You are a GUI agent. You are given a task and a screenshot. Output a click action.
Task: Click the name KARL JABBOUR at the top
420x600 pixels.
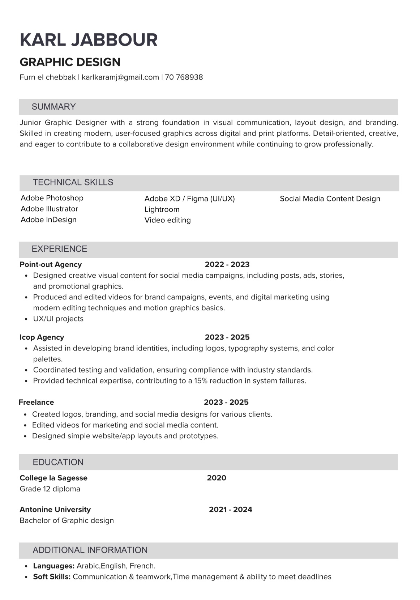click(x=89, y=40)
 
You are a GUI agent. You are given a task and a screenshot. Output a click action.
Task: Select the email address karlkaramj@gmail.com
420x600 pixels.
click(x=120, y=77)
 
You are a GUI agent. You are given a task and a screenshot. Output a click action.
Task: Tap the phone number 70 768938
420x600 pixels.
click(x=184, y=77)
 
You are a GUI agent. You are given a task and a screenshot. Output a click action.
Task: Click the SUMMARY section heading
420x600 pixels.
click(x=53, y=107)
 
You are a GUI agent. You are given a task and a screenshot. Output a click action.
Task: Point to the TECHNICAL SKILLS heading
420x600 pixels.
click(x=73, y=182)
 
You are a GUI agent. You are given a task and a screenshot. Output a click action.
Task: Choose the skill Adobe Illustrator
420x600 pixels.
click(x=49, y=209)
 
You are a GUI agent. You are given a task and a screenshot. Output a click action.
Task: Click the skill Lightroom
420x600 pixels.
click(x=162, y=209)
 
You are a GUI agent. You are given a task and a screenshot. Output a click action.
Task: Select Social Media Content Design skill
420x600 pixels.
click(x=330, y=199)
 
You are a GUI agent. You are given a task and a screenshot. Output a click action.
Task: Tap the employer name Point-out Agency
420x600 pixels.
click(x=51, y=264)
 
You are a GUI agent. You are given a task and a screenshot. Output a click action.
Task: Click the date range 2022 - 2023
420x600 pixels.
click(x=227, y=264)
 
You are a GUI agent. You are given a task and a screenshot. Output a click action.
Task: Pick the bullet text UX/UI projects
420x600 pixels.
click(x=58, y=319)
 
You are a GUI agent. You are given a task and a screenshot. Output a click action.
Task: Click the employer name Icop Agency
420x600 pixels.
click(x=42, y=337)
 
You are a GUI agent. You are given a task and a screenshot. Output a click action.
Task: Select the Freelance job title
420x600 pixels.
click(x=36, y=402)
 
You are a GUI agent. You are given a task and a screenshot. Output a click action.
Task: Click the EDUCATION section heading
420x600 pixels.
click(x=58, y=462)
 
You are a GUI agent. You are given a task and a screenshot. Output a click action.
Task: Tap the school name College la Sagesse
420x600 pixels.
click(x=53, y=478)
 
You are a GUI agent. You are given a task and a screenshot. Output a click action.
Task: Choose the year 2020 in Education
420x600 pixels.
click(x=217, y=478)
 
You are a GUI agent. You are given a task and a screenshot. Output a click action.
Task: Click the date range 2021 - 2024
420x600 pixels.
click(x=230, y=509)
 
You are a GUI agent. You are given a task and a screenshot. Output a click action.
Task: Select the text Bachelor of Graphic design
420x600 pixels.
click(x=67, y=520)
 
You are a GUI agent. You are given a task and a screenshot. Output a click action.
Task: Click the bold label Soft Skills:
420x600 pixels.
click(x=52, y=576)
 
